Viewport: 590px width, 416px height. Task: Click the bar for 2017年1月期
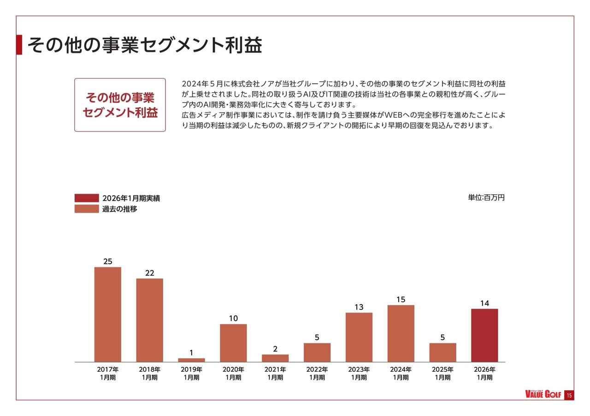107,314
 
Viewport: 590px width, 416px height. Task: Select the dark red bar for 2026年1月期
484,335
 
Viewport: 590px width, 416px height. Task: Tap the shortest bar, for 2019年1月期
191,360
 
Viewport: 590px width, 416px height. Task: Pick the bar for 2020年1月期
233,343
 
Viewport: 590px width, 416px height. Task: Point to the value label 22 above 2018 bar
149,273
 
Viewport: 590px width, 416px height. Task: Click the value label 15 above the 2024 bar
401,300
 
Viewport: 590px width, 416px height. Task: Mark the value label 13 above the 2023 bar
359,307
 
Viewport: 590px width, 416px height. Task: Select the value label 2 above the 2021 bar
275,349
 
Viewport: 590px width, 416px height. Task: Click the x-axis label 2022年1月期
317,373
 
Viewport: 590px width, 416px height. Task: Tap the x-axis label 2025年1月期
442,373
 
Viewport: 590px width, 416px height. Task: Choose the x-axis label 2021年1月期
275,373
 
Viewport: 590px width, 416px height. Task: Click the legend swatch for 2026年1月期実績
87,198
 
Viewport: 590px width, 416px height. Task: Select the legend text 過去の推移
119,209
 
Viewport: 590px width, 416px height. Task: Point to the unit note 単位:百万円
486,197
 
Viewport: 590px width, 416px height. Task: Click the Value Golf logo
543,394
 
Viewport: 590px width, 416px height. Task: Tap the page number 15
569,395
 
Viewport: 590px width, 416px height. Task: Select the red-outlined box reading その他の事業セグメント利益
120,105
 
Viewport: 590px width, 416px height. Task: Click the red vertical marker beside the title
19,45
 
